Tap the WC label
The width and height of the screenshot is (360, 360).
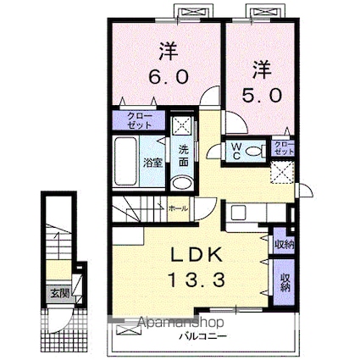point(236,152)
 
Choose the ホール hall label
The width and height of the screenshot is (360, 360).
point(179,207)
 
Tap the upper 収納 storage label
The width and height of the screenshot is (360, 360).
point(283,243)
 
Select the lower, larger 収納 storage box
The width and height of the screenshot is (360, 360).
point(283,279)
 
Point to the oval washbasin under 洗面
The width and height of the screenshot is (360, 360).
point(180,185)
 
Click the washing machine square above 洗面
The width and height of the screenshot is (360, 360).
point(180,125)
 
